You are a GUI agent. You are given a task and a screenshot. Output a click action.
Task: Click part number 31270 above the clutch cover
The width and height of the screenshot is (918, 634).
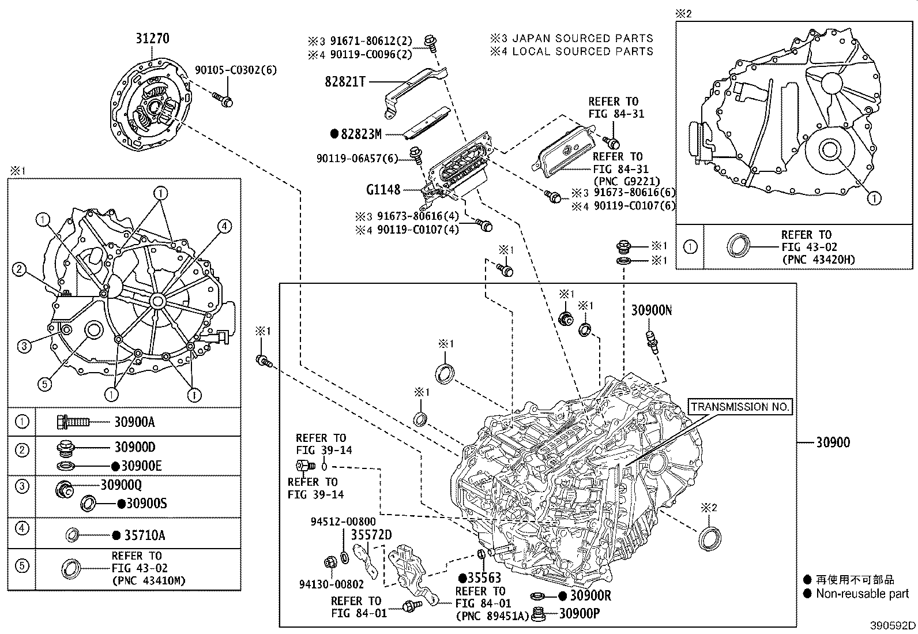pyautogui.click(x=152, y=39)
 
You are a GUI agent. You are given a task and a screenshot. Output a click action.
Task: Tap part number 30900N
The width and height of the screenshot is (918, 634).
pyautogui.click(x=651, y=310)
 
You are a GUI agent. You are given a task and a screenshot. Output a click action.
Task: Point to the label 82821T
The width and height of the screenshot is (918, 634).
pyautogui.click(x=345, y=82)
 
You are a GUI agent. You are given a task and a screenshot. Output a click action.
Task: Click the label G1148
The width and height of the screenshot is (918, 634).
pyautogui.click(x=383, y=189)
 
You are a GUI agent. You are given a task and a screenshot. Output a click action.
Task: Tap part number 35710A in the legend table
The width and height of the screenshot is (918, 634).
pyautogui.click(x=145, y=535)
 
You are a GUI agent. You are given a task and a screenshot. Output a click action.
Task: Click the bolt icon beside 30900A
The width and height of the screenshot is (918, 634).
pyautogui.click(x=73, y=422)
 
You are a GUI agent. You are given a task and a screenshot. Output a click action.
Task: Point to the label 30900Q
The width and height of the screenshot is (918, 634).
pyautogui.click(x=121, y=485)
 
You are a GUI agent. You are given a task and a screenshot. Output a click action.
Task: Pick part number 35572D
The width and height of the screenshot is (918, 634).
pyautogui.click(x=371, y=535)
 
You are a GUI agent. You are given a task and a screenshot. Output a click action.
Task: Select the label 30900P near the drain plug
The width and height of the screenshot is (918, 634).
pyautogui.click(x=579, y=613)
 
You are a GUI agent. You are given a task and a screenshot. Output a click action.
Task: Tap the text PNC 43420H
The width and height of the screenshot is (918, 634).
pyautogui.click(x=818, y=260)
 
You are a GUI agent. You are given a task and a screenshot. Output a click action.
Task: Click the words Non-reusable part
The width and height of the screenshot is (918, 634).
pyautogui.click(x=862, y=594)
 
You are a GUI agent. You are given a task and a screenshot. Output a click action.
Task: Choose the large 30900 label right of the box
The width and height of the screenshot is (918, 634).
pyautogui.click(x=833, y=442)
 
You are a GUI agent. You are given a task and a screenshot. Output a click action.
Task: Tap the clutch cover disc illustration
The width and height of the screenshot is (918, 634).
pyautogui.click(x=153, y=107)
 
